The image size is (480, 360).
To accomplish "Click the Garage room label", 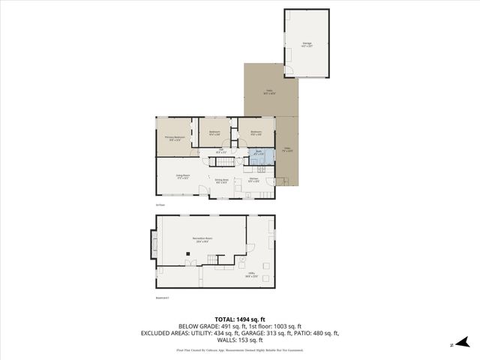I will click(x=307, y=44).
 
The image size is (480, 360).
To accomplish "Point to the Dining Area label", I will click(x=221, y=180).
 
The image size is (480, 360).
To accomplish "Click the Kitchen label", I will click(x=253, y=180).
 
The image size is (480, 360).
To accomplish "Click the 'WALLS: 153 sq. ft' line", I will click(x=239, y=341).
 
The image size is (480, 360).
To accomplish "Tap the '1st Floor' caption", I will click(x=160, y=204).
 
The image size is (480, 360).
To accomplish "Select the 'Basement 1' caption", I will click(x=161, y=298).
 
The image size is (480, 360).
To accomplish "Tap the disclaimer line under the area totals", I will click(x=239, y=349).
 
